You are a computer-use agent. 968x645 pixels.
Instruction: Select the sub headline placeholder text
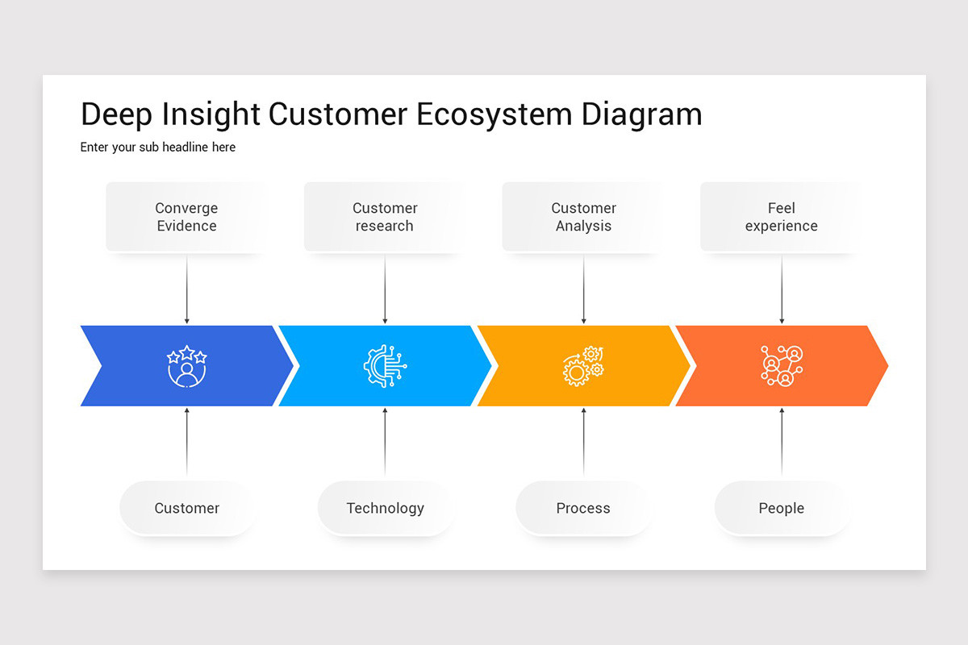[158, 148]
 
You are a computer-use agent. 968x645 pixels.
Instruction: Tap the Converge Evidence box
[186, 217]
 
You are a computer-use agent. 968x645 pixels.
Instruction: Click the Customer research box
[385, 217]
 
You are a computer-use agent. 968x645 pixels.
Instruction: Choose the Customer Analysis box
[583, 217]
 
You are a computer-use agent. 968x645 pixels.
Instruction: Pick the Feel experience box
[781, 217]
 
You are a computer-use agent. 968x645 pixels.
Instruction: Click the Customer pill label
[186, 508]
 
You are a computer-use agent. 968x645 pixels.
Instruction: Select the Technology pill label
[385, 508]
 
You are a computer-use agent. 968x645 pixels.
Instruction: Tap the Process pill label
[583, 508]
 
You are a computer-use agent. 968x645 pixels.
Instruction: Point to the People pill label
[781, 508]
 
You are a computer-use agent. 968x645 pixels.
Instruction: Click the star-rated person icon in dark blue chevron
[186, 366]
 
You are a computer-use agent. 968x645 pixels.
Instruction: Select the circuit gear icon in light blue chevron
[385, 366]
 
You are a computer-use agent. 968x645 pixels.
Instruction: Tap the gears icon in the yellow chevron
[583, 366]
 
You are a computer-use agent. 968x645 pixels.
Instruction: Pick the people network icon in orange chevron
[781, 366]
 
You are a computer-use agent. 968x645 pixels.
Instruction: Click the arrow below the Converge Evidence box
[186, 290]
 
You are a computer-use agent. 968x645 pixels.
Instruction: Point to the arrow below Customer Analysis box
[583, 290]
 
